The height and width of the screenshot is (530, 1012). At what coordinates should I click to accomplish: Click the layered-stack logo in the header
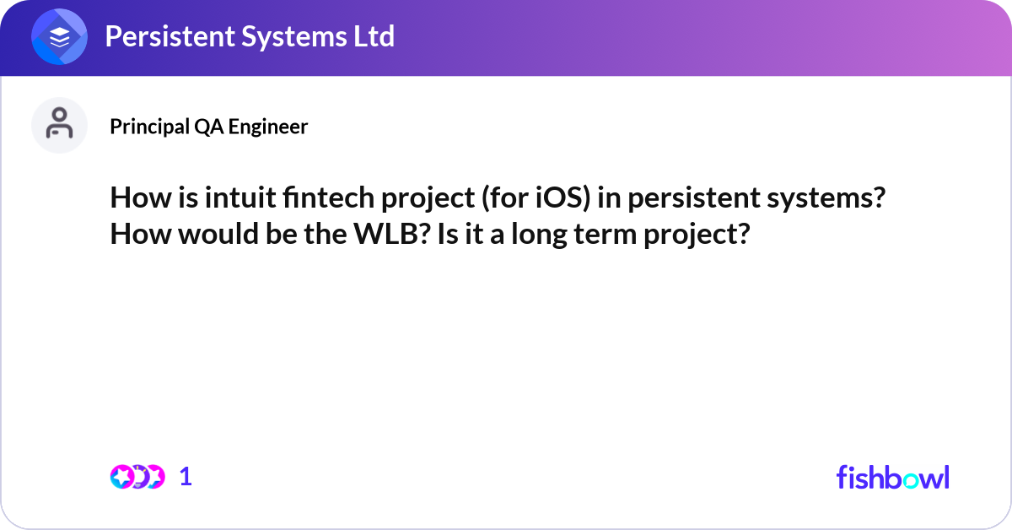tap(59, 37)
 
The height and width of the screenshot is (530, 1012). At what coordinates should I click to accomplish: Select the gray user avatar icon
tap(59, 125)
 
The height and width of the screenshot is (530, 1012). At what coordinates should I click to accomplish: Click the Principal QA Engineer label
tap(208, 127)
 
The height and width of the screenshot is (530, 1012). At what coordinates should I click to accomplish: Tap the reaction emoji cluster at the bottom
tap(137, 477)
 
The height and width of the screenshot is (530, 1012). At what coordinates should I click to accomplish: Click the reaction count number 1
tap(186, 477)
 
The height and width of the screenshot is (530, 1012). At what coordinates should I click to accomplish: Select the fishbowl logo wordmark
tap(892, 477)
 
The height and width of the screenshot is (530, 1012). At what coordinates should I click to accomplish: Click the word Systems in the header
tap(289, 37)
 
